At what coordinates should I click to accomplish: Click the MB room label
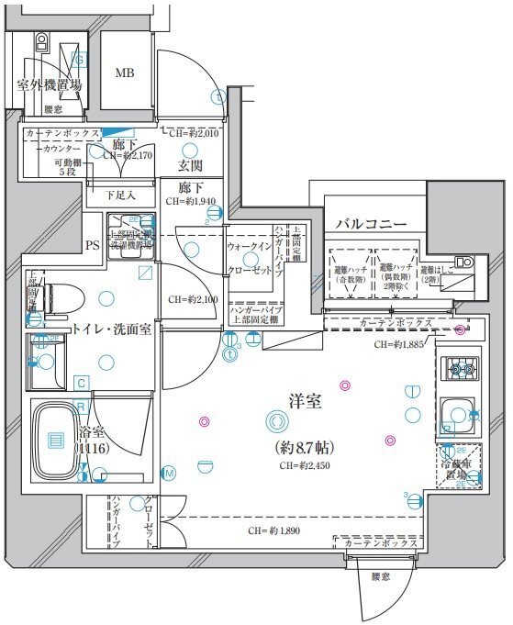coord(123,73)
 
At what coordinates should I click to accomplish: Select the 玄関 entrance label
coord(190,166)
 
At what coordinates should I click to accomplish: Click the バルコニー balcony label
coord(365,223)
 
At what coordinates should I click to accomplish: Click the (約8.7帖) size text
coord(304,447)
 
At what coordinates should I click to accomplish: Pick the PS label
coord(92,245)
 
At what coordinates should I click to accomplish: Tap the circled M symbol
coord(169,473)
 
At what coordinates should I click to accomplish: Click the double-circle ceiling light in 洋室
coord(275,421)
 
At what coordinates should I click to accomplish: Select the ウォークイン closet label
coord(249,248)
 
